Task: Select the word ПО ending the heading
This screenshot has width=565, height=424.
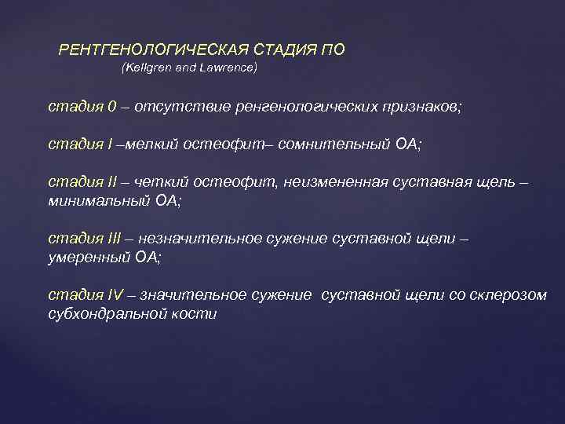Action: [333, 49]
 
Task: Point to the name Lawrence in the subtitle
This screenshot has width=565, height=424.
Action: [228, 68]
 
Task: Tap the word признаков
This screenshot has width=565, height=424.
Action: [422, 107]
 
